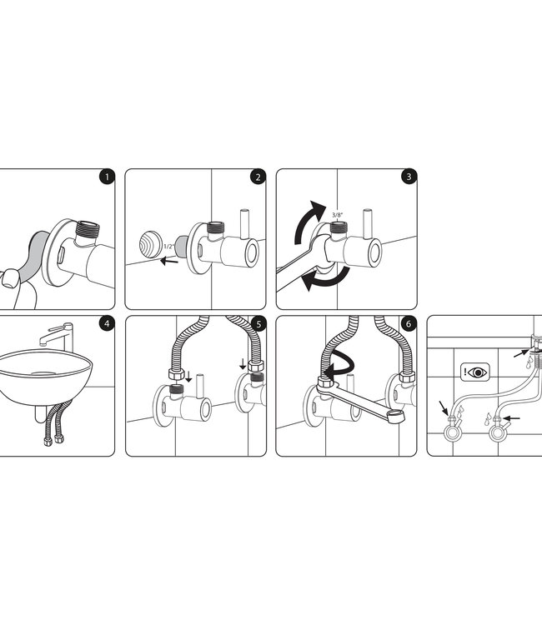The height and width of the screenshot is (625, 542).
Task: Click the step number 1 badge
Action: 107,177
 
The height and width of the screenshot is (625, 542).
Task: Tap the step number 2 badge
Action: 258,177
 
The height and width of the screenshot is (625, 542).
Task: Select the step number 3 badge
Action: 409,177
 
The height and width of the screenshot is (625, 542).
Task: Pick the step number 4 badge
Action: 107,323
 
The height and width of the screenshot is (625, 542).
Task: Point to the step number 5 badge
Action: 258,324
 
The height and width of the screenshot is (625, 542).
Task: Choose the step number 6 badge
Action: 409,323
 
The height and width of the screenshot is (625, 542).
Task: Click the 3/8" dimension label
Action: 338,215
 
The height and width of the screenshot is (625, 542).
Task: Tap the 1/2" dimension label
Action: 168,247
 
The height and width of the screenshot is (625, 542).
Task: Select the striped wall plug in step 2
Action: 151,244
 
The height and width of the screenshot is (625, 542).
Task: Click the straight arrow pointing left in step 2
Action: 169,261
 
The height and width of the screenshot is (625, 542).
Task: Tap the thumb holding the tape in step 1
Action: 10,278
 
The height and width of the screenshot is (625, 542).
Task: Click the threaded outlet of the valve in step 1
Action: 87,229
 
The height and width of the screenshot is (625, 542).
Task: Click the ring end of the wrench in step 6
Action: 395,416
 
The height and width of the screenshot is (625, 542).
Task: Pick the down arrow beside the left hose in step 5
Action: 188,377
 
